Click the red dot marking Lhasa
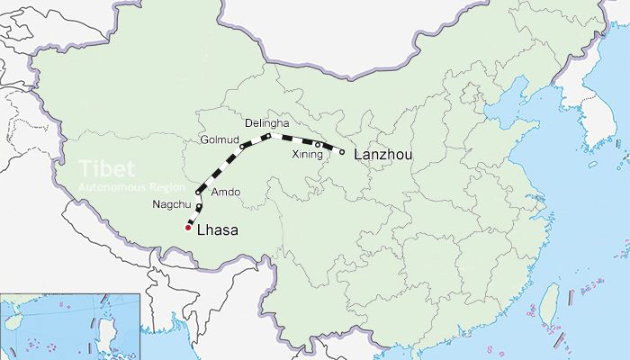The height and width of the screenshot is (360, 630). [x=187, y=228]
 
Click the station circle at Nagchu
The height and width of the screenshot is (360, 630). [x=199, y=207]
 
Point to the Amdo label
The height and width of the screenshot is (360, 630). [x=225, y=193]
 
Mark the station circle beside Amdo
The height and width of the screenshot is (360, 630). [x=198, y=192]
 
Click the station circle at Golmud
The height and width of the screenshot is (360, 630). [x=242, y=145]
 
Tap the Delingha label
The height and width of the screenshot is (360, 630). [x=266, y=121]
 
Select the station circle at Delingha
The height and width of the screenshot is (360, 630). [x=267, y=135]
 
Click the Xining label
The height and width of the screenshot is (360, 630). [x=308, y=156]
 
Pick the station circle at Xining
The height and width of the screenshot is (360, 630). [x=318, y=145]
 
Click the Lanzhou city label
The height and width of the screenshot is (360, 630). [x=383, y=155]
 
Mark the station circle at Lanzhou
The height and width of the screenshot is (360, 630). [x=342, y=152]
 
